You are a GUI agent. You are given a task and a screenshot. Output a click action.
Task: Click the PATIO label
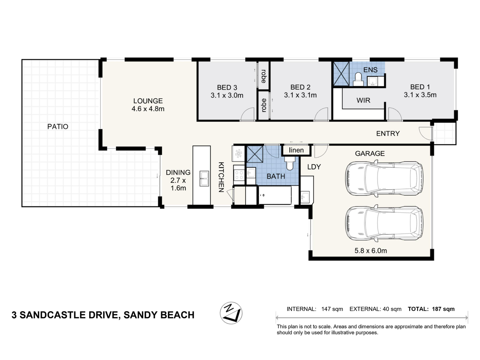tap(58, 126)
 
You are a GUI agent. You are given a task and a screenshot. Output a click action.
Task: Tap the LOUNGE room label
tap(148, 101)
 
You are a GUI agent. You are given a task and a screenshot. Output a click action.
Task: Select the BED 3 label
tap(227, 88)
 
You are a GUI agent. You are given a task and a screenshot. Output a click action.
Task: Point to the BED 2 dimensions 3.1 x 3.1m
tap(300, 95)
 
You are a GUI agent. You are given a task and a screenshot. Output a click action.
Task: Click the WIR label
tap(363, 100)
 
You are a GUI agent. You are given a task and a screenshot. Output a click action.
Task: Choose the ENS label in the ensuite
tap(370, 70)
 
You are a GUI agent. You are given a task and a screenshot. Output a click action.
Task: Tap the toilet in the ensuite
tap(358, 79)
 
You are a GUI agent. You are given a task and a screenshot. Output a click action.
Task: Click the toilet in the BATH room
tap(289, 164)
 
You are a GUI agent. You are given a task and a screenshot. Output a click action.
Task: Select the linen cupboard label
tap(296, 150)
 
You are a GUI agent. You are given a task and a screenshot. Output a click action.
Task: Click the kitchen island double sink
tap(204, 178)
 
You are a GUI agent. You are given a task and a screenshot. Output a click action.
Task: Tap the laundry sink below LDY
tap(305, 197)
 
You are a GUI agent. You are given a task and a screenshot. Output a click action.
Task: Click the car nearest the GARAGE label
tap(384, 178)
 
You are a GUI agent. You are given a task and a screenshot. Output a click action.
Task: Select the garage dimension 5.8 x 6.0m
tap(371, 250)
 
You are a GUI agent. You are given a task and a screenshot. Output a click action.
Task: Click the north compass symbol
tap(231, 313)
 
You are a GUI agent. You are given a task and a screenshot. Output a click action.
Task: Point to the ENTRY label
tap(388, 133)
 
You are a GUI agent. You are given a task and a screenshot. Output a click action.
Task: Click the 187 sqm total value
tap(443, 309)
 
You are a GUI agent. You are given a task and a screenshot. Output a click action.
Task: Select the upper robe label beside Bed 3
tap(264, 76)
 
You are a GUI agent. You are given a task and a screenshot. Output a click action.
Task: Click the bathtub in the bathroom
tap(275, 195)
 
